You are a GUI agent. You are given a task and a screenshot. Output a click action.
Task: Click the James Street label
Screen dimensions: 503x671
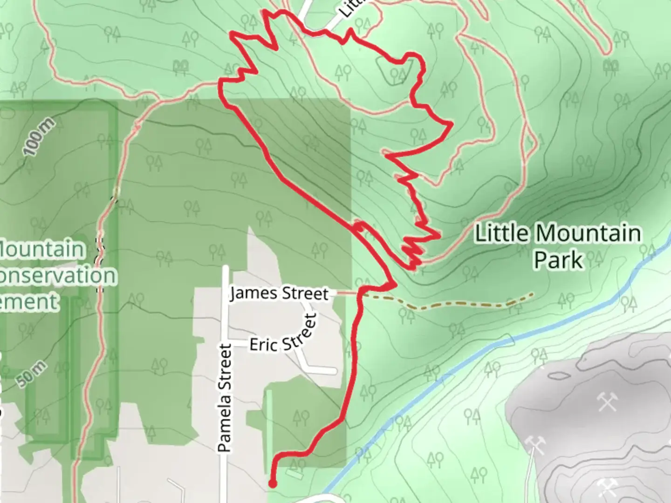coord(279,294)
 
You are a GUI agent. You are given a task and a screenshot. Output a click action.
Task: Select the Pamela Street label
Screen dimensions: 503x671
coord(225,398)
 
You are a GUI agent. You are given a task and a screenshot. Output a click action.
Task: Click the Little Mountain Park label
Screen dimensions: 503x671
coord(558,246)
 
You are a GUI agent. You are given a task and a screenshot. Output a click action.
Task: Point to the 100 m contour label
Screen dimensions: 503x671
coord(39,137)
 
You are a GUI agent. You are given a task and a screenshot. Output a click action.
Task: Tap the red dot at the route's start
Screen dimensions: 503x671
coord(272,484)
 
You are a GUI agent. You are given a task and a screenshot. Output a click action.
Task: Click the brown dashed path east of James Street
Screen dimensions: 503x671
coord(447,306)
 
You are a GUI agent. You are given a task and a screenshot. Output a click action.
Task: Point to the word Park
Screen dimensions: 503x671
coord(558,260)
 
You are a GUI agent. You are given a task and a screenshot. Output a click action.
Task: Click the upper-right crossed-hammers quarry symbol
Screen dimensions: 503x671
coord(608,401)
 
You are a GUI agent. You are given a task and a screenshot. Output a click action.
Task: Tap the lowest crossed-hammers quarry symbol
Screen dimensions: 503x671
coord(607,488)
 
